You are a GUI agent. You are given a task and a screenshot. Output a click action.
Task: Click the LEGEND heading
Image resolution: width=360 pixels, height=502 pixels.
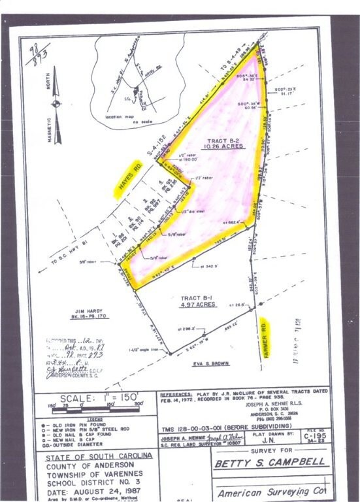pyautogui.click(x=95, y=419)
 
